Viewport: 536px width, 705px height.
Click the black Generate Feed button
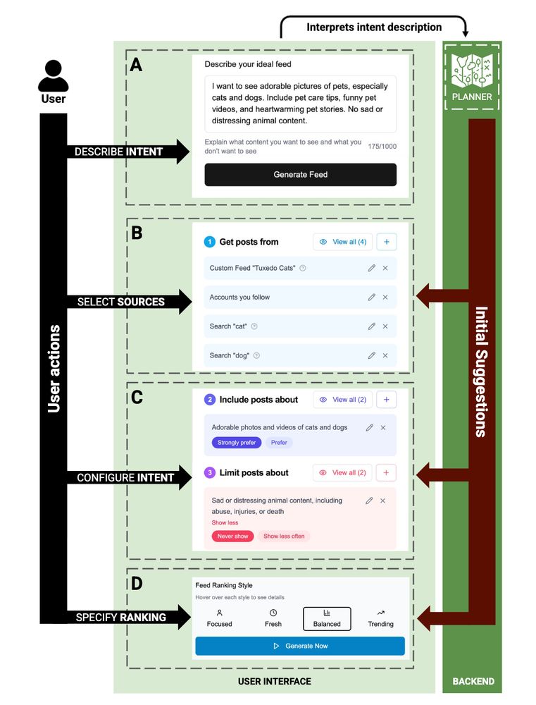point(300,175)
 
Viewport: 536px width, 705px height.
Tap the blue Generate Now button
point(300,646)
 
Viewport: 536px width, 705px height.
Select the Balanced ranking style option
point(327,618)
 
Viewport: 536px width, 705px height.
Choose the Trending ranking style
point(380,618)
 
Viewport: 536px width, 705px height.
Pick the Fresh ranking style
point(273,618)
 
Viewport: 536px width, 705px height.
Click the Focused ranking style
point(219,618)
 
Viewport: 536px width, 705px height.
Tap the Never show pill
point(232,536)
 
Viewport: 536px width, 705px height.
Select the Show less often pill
point(284,536)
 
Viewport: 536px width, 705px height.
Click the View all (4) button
point(343,242)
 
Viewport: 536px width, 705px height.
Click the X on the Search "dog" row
point(385,355)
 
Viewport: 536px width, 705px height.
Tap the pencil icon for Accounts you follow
point(371,298)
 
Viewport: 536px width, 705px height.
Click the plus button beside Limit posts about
point(386,472)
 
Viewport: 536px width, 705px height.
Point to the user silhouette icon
point(53,76)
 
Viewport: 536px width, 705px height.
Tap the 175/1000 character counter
point(382,147)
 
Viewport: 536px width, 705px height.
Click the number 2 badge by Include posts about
point(210,400)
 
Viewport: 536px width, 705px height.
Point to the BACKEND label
point(473,682)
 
